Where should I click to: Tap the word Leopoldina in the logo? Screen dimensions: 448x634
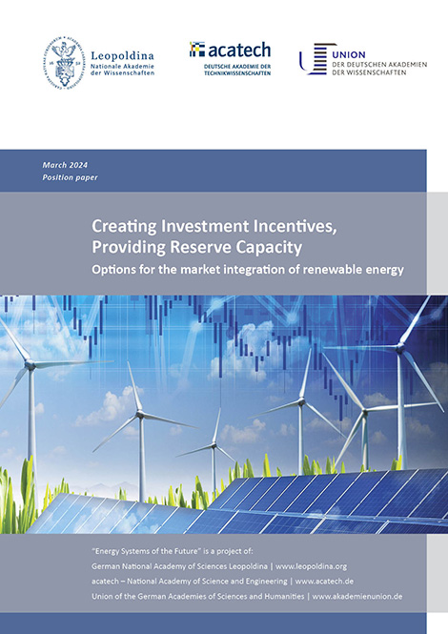[122, 55]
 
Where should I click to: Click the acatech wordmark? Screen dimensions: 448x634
[239, 51]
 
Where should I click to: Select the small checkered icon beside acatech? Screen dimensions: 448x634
[197, 49]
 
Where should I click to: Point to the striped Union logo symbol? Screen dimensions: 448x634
[317, 59]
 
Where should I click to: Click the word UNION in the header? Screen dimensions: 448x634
[349, 54]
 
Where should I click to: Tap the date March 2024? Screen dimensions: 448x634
[65, 165]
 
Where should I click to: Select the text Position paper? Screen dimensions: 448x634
[70, 177]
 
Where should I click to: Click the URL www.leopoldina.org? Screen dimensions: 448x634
[311, 566]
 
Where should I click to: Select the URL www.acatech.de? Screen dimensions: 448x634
[324, 582]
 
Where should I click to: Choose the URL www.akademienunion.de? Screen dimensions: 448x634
[357, 597]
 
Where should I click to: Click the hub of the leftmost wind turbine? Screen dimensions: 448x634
[30, 365]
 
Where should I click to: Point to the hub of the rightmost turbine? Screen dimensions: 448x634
[400, 348]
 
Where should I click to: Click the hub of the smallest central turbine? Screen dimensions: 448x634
[214, 446]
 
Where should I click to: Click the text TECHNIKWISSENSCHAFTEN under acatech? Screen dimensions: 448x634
[237, 73]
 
